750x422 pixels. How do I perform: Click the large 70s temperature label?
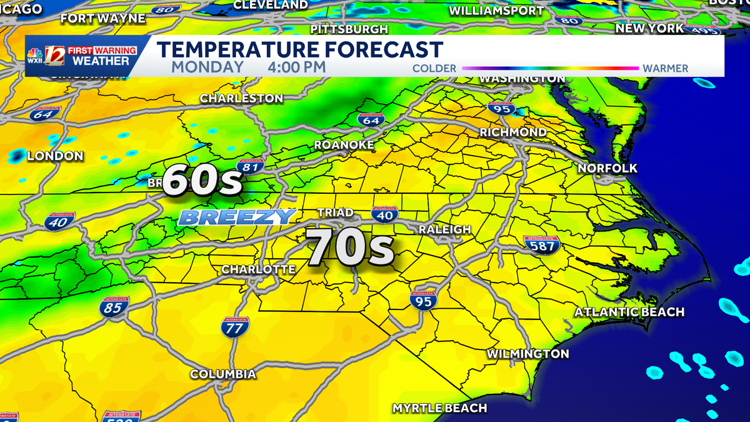350,248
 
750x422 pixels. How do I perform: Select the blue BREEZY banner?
236,217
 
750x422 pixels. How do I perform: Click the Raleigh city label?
444,229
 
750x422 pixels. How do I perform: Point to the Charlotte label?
258,269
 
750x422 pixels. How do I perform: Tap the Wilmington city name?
528,354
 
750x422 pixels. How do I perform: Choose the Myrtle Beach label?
439,408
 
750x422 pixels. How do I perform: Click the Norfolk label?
607,168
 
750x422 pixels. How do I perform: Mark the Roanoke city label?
344,145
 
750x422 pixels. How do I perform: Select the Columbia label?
223,374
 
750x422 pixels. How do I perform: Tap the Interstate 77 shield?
235,326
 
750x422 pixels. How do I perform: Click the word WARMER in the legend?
665,68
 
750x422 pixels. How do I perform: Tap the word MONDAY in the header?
207,67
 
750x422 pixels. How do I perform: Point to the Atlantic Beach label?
629,311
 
